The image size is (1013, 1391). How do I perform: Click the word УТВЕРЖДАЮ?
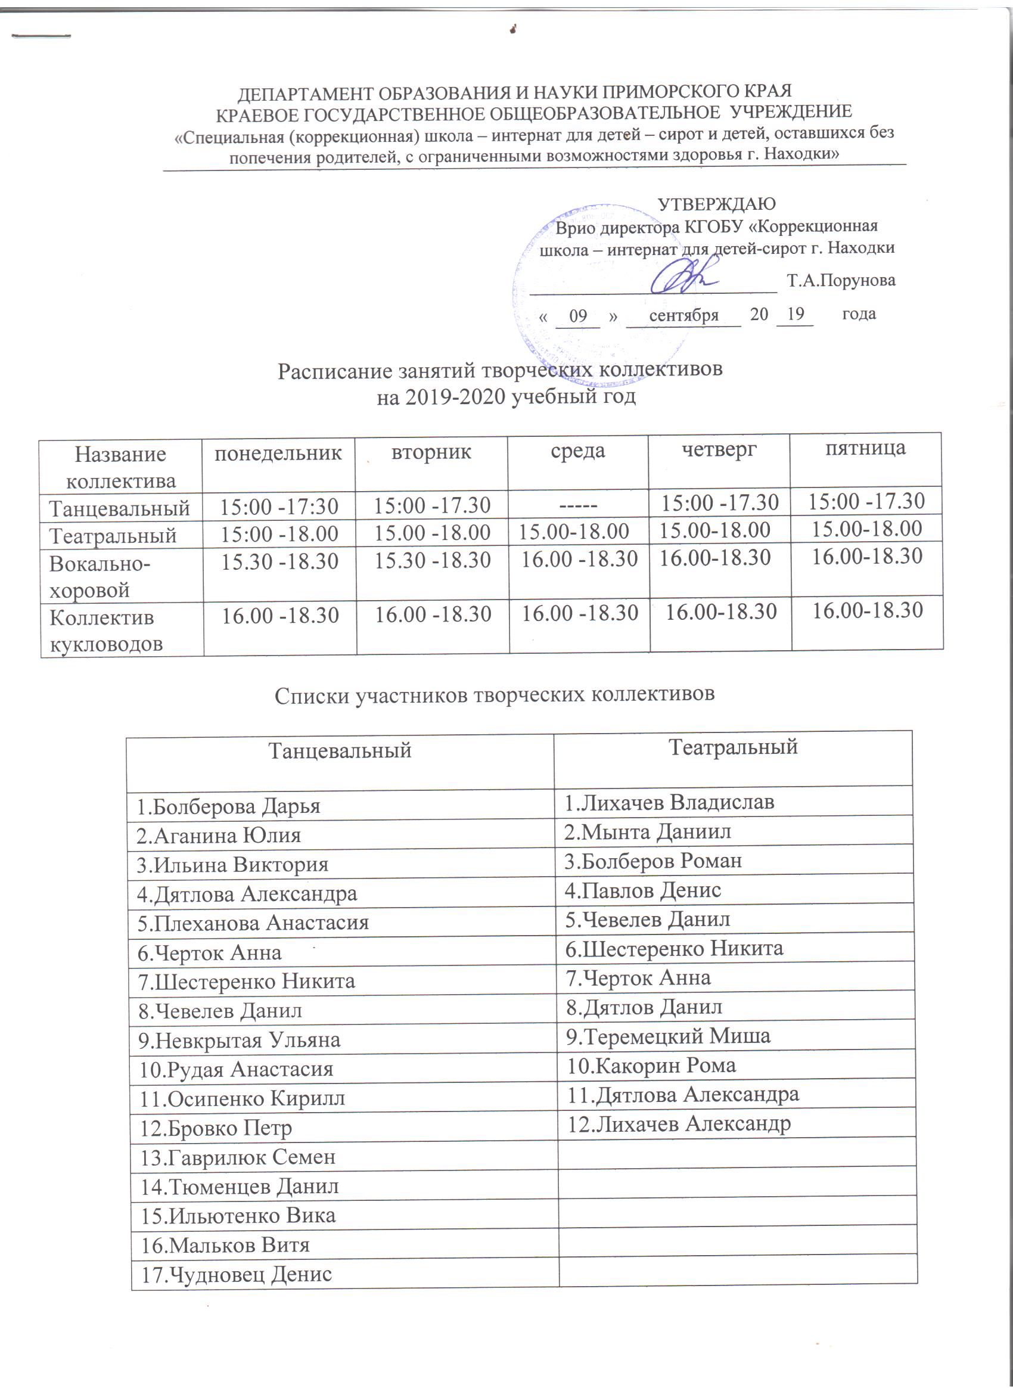716,204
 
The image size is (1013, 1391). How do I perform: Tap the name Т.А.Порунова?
841,281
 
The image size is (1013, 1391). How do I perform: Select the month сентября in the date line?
683,315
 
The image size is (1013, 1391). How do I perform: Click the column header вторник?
431,452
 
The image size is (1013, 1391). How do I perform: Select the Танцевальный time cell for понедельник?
279,506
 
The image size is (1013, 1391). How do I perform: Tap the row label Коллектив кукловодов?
105,630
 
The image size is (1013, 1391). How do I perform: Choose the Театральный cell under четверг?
714,529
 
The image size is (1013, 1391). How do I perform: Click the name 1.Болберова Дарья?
228,806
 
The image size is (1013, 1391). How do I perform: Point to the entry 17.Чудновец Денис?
237,1274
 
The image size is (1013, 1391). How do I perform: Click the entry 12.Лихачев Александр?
678,1123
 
